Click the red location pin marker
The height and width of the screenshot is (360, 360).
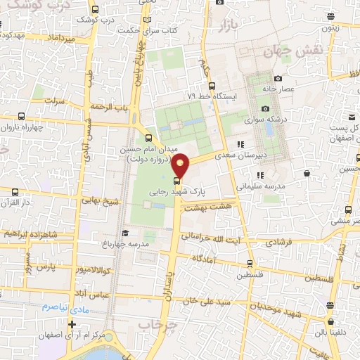pyautogui.click(x=181, y=165)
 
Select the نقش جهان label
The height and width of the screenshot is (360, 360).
pyautogui.click(x=287, y=51)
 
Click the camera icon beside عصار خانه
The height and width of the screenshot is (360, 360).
pyautogui.click(x=278, y=78)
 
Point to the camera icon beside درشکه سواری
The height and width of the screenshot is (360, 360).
pyautogui.click(x=265, y=108)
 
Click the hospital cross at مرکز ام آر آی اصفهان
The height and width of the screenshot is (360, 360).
pyautogui.click(x=72, y=324)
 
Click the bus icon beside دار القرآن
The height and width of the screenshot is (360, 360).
pyautogui.click(x=15, y=191)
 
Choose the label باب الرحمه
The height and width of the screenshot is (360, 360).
pyautogui.click(x=112, y=107)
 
